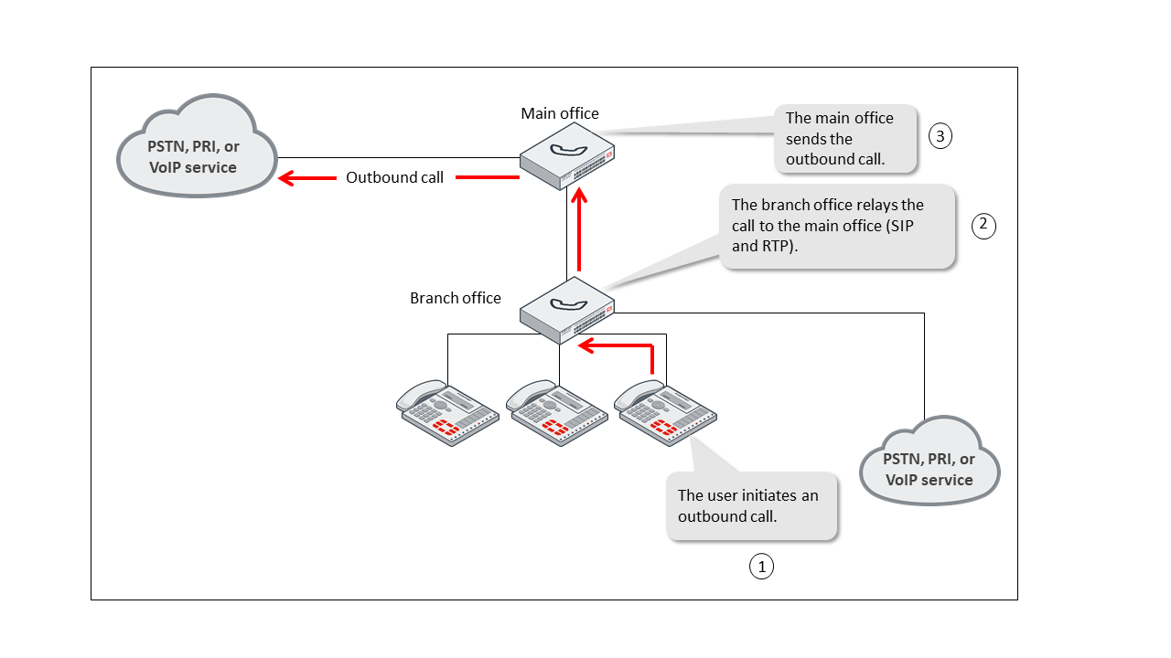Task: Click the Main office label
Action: tap(560, 113)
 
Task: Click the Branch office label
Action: tap(455, 298)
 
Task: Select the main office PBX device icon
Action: tap(567, 157)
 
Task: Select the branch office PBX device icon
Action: tap(567, 311)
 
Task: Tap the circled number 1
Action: tap(761, 567)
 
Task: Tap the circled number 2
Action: tap(983, 226)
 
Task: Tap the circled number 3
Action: tap(940, 136)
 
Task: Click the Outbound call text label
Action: tap(394, 177)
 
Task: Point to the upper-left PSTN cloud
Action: tap(196, 146)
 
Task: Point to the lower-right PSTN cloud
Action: tap(929, 462)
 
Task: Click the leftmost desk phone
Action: tap(447, 413)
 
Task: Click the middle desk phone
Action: tap(556, 413)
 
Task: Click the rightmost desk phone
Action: tap(664, 413)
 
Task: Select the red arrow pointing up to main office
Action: tap(579, 232)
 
